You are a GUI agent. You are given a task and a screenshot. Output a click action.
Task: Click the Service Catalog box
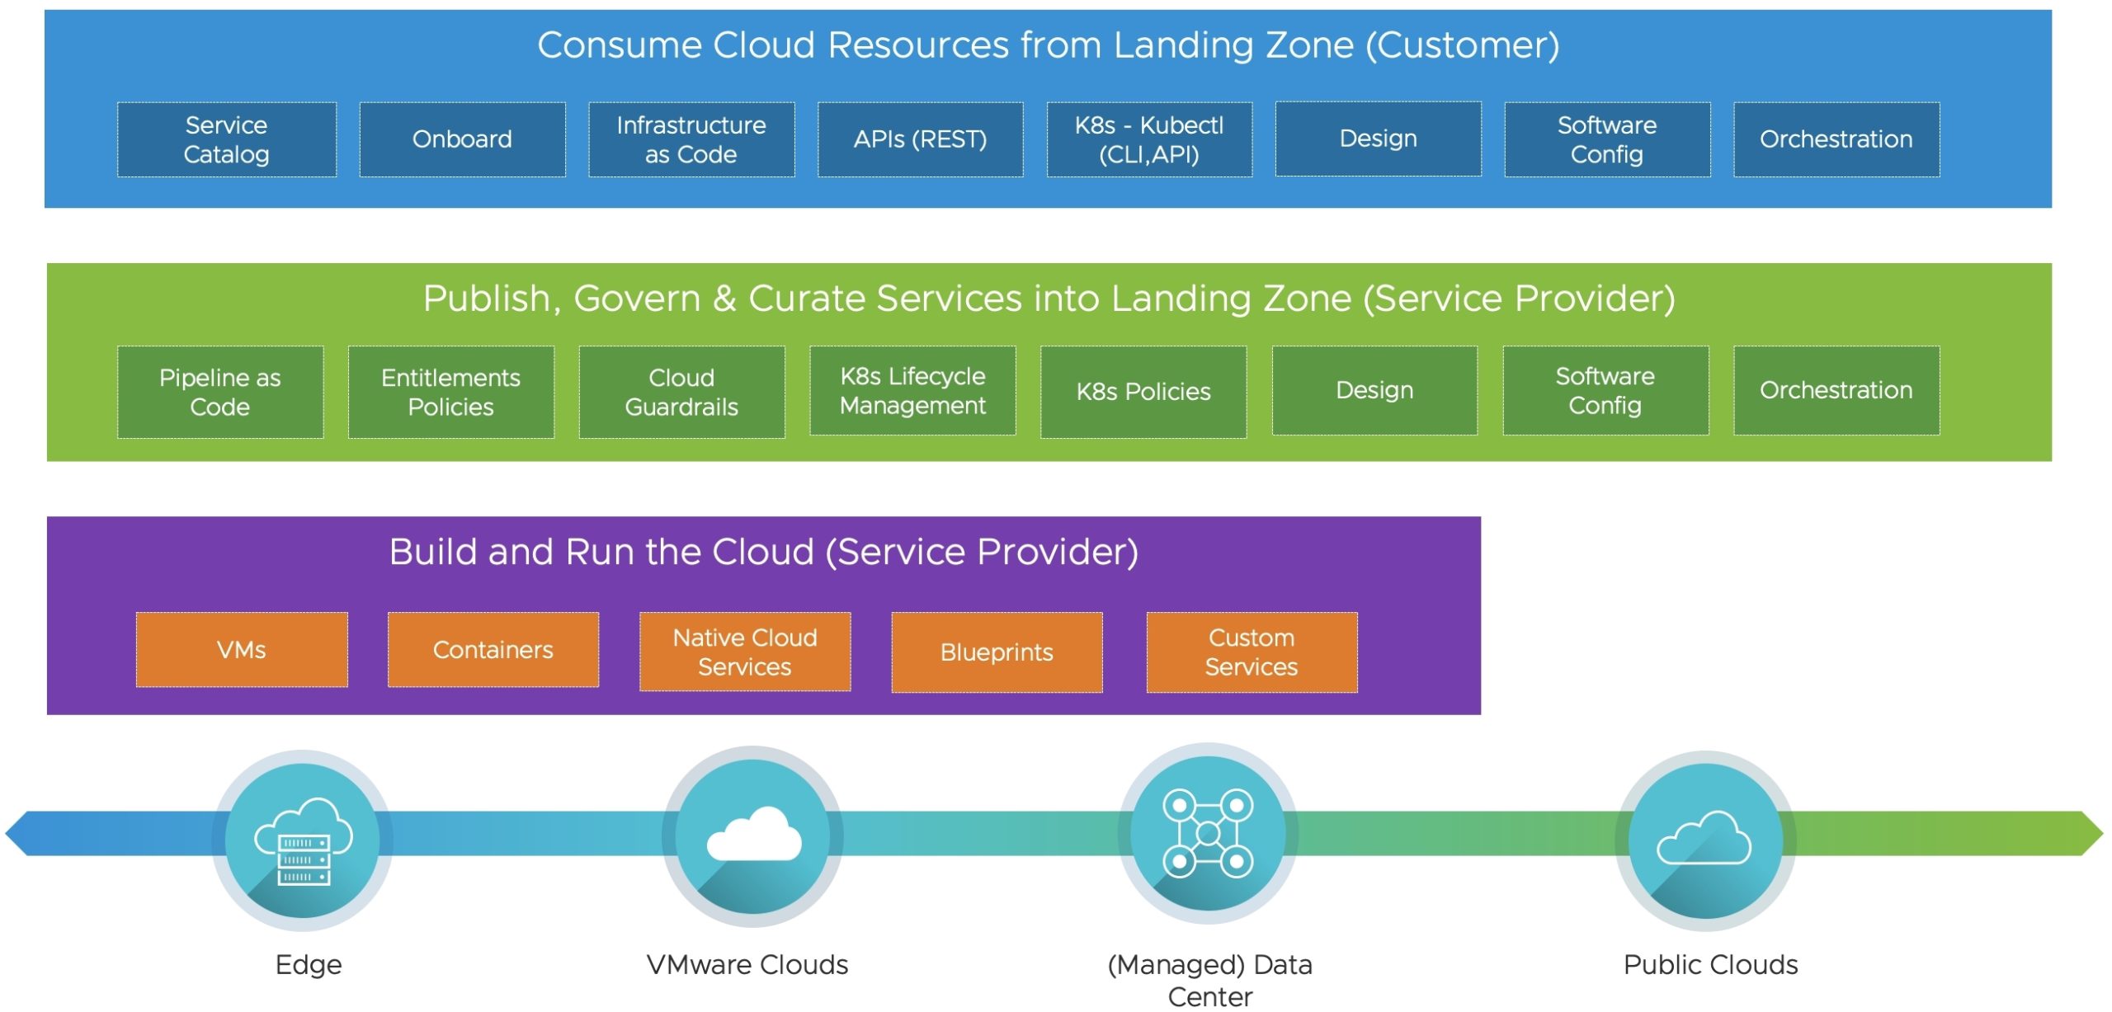(x=226, y=139)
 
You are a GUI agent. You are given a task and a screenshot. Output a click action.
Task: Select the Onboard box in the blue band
(x=462, y=139)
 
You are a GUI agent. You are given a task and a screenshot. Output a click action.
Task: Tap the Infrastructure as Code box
(x=691, y=139)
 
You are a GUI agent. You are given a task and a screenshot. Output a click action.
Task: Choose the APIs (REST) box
(x=920, y=139)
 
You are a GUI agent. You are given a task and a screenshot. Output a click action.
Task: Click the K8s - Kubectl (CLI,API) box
(x=1149, y=139)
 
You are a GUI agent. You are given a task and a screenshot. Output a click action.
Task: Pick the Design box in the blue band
(x=1378, y=139)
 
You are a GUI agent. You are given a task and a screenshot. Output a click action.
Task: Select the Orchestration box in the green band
(x=1836, y=390)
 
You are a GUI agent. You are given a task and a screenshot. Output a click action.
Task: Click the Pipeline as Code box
(x=220, y=392)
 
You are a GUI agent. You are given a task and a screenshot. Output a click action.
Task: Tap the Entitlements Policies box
(x=450, y=392)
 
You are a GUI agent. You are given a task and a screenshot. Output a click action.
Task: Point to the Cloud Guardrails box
(x=681, y=392)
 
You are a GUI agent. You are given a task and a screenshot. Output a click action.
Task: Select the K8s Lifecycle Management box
(x=912, y=390)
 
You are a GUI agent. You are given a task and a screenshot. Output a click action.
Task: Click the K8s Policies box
(x=1143, y=392)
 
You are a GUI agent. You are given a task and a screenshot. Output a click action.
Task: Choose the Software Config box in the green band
(x=1605, y=390)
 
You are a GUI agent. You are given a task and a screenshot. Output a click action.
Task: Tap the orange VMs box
(x=242, y=650)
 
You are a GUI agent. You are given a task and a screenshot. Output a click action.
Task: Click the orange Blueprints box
(x=997, y=652)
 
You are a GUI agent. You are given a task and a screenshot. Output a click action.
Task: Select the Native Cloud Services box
(x=745, y=652)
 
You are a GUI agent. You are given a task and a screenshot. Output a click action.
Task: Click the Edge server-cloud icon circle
(x=303, y=840)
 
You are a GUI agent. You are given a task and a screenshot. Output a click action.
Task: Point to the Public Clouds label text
(x=1710, y=964)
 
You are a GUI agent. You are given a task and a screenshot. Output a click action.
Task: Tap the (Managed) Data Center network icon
(x=1208, y=833)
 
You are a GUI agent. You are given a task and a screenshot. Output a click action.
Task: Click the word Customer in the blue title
(x=1462, y=45)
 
